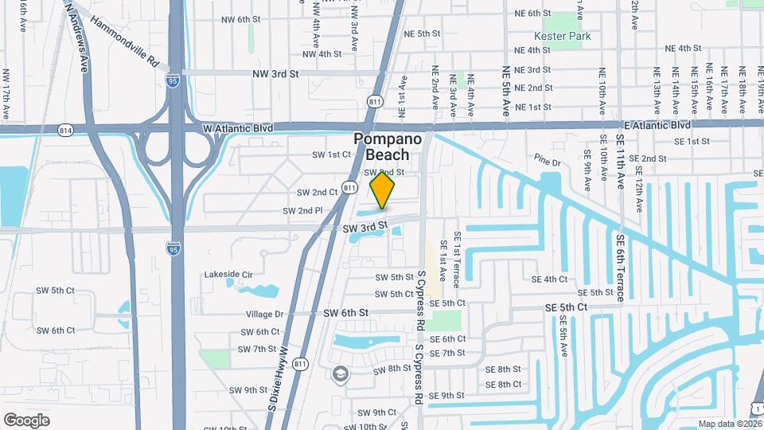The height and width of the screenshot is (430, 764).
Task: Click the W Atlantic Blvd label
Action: click(238, 127)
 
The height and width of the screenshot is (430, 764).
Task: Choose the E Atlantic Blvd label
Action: click(657, 125)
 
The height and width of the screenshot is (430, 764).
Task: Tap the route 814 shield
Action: click(65, 129)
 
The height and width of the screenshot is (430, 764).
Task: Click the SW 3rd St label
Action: click(364, 229)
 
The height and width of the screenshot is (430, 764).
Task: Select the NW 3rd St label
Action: click(275, 74)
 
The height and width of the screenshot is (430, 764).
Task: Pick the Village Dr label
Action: click(265, 315)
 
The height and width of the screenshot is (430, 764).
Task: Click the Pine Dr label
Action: click(548, 162)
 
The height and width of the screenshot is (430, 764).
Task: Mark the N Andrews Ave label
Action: click(78, 36)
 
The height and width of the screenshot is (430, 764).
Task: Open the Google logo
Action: click(26, 420)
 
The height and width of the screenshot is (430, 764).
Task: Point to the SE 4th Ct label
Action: click(550, 279)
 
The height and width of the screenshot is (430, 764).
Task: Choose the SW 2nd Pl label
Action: click(302, 211)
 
